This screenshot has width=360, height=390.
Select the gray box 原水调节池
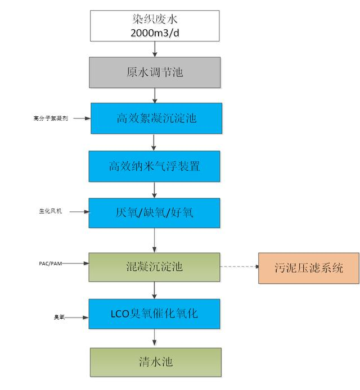(x=155, y=72)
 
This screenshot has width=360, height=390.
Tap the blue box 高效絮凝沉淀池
(x=156, y=118)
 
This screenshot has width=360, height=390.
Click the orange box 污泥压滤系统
(x=308, y=268)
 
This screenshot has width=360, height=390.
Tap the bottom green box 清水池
(x=155, y=362)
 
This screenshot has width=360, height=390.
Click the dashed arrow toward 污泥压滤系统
(x=239, y=267)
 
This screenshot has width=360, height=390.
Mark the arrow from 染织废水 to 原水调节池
(x=155, y=49)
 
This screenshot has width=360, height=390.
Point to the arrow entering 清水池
(x=155, y=339)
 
